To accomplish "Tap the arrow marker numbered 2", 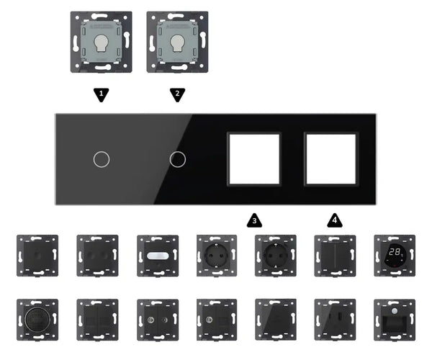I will click(178, 94).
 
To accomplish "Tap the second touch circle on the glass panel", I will click(176, 158).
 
